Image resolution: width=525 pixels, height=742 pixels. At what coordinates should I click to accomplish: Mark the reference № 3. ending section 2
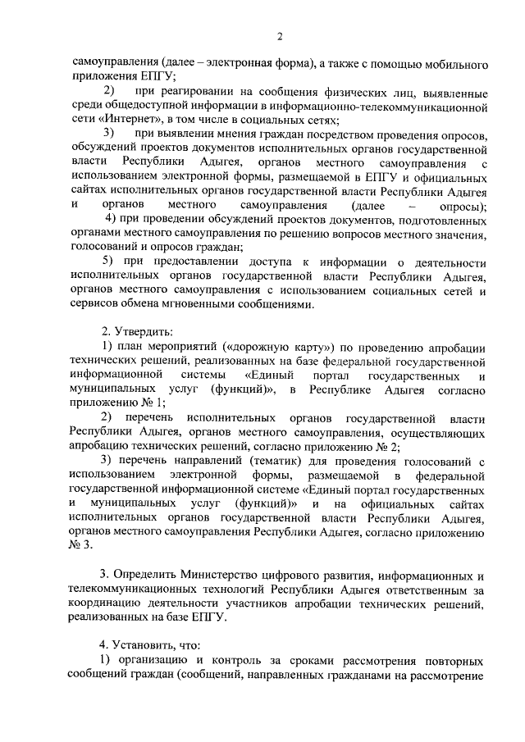82,547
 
